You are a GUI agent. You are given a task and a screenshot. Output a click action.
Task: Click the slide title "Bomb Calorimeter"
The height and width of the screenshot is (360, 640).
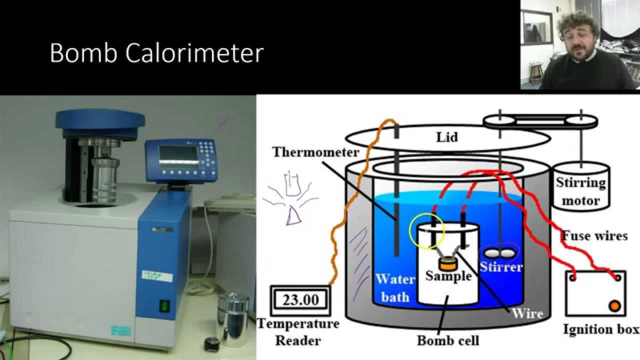pyautogui.click(x=156, y=53)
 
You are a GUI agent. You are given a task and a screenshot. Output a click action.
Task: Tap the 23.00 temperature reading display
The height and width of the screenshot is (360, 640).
pyautogui.click(x=300, y=300)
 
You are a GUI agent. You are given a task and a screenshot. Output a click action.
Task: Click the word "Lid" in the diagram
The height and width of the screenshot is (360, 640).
pyautogui.click(x=446, y=136)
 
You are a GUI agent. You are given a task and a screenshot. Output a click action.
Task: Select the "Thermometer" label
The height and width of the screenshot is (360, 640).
pyautogui.click(x=315, y=152)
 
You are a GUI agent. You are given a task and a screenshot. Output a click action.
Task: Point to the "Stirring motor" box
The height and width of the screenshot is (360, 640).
pyautogui.click(x=581, y=191)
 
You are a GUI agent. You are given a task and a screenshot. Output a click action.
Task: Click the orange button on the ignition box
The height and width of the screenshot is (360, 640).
pyautogui.click(x=614, y=305)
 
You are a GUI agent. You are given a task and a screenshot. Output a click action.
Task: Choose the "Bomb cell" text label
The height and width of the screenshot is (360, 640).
pyautogui.click(x=448, y=340)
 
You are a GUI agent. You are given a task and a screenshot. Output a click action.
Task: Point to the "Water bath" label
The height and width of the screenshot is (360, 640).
pyautogui.click(x=395, y=287)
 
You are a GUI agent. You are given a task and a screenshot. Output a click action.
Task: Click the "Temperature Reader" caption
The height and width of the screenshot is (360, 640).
pyautogui.click(x=298, y=332)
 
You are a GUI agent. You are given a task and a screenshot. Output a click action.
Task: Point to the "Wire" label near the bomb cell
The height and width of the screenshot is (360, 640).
pyautogui.click(x=527, y=313)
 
